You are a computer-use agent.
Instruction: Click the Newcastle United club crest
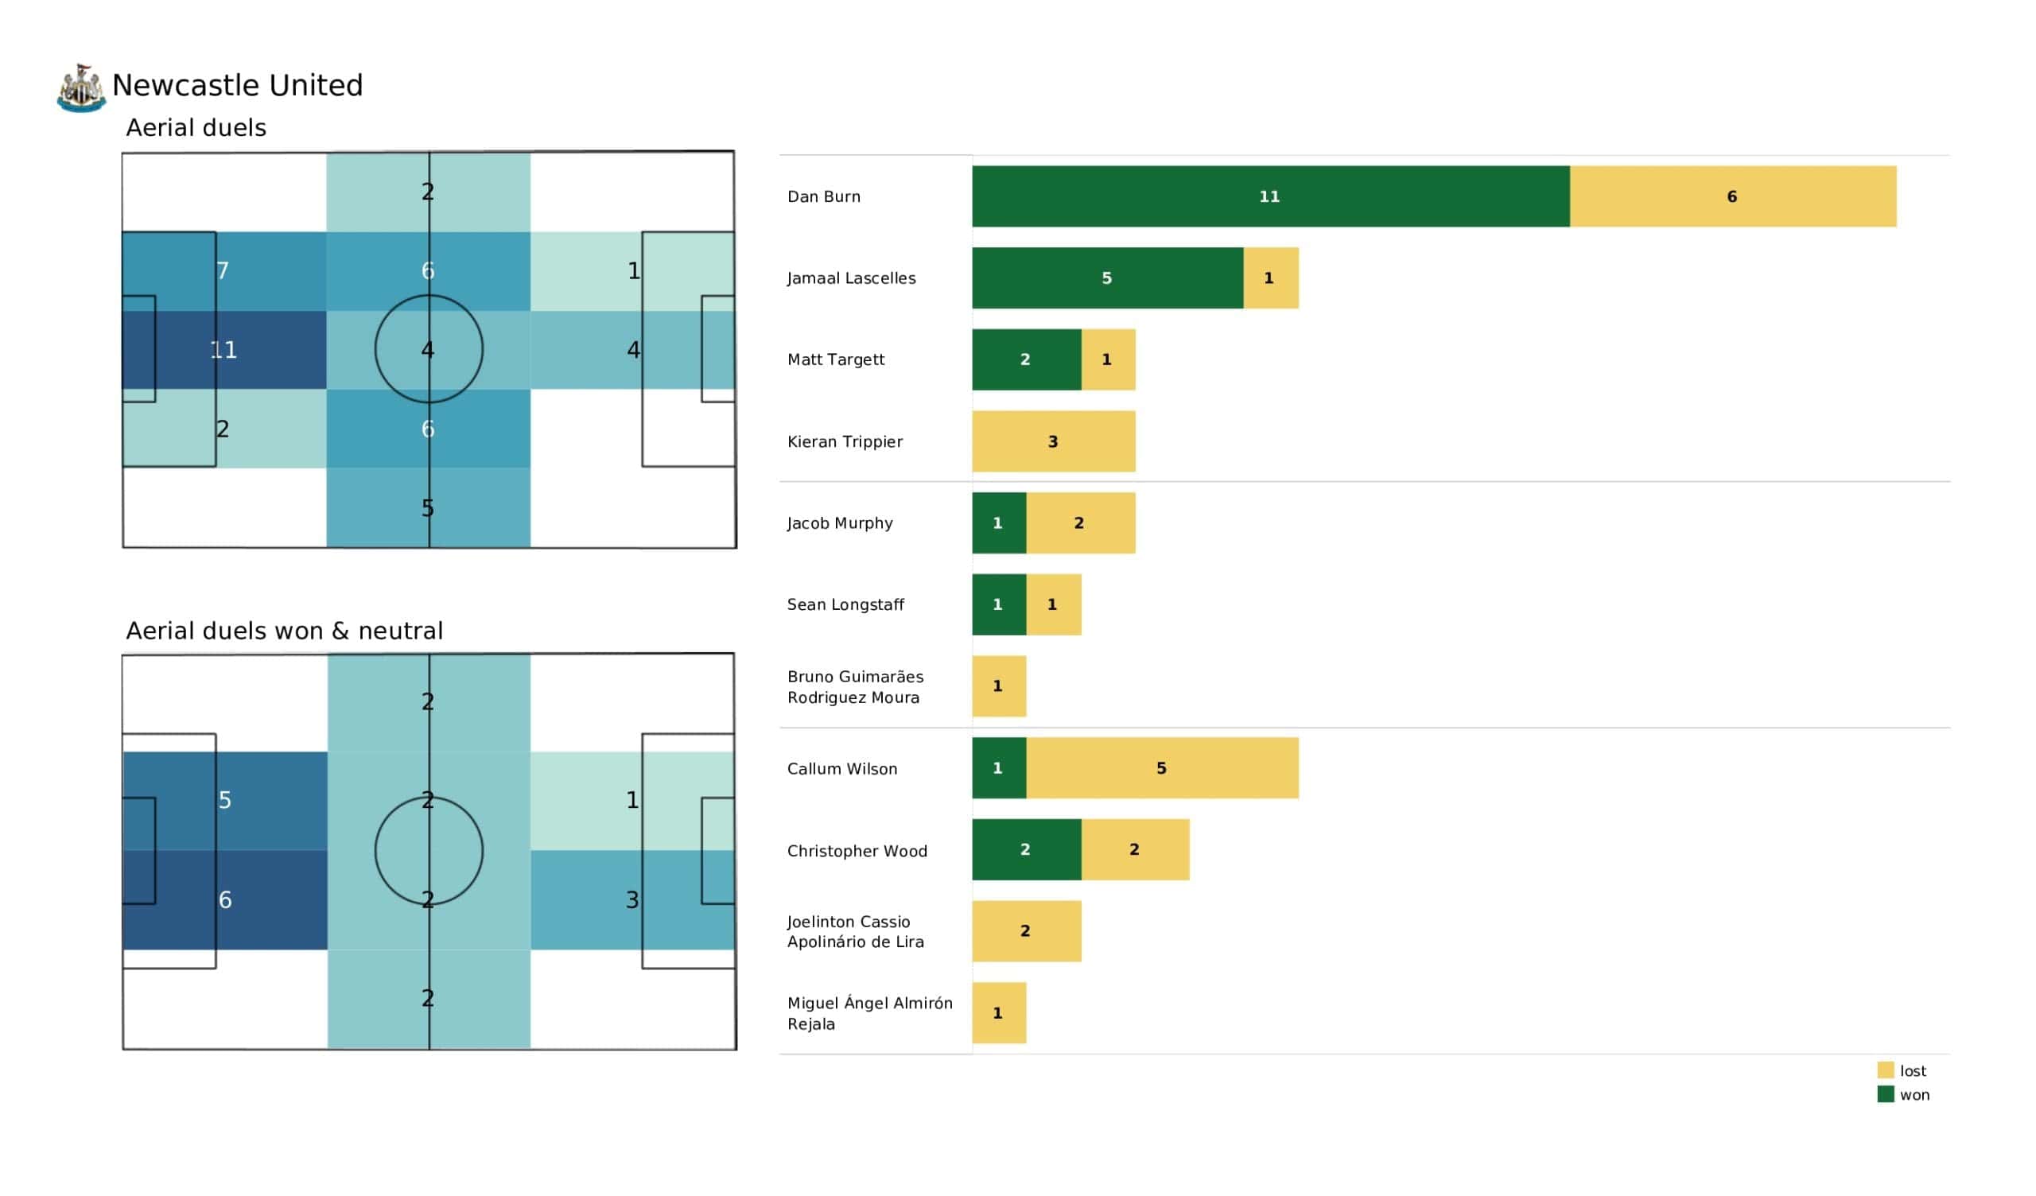[81, 88]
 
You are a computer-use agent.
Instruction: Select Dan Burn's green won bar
[1270, 196]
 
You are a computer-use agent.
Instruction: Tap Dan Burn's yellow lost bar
[1732, 196]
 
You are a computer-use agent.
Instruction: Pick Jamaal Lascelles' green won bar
[1107, 278]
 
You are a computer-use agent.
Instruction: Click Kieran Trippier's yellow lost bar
[1053, 441]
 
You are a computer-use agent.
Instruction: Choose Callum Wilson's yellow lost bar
[1162, 767]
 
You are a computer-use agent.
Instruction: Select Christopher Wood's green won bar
[1026, 849]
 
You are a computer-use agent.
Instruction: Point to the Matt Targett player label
[835, 359]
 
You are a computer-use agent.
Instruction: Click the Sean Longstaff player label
[845, 604]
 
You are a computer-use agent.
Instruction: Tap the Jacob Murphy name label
[839, 522]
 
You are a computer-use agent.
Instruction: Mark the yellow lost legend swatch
[1885, 1070]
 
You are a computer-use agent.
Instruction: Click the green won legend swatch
[1885, 1094]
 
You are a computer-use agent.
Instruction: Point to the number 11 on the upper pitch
[223, 350]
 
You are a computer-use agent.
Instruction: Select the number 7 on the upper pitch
[223, 270]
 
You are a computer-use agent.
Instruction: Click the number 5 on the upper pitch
[427, 508]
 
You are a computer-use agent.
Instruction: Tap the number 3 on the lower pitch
[631, 899]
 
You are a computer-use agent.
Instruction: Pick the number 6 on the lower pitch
[224, 899]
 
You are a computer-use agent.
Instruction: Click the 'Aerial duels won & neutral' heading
[285, 631]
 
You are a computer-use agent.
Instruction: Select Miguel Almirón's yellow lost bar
[999, 1012]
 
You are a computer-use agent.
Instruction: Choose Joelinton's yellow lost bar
[1026, 931]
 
